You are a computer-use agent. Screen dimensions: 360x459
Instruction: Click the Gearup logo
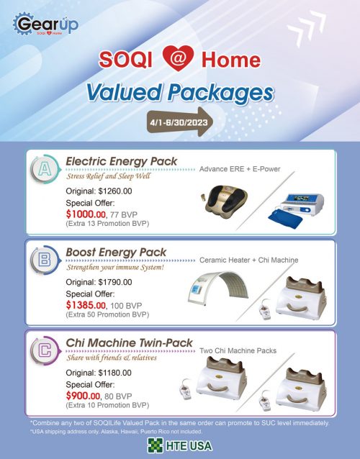45,24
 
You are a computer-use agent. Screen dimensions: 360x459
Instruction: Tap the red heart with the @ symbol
178,58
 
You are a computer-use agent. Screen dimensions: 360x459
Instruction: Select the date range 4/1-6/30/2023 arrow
180,122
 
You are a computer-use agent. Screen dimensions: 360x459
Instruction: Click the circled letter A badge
45,170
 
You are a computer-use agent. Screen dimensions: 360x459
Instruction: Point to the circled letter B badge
45,260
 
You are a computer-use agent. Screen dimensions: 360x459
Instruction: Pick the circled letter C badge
45,350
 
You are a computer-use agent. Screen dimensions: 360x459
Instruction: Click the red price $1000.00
86,214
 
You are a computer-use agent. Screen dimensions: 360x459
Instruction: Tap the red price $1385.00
86,305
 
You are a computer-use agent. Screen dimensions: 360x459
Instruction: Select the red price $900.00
83,396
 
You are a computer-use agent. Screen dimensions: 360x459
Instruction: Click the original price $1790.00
115,282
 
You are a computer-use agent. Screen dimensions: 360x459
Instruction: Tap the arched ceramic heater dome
218,288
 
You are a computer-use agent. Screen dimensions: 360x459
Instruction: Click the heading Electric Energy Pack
121,161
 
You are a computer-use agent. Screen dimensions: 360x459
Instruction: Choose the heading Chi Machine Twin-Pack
129,342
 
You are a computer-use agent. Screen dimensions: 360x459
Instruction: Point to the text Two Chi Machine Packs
238,350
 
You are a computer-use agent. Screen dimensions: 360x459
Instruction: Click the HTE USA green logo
180,445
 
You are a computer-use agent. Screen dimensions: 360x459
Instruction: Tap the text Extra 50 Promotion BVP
107,314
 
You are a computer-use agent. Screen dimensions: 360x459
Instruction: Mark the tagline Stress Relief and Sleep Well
109,176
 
